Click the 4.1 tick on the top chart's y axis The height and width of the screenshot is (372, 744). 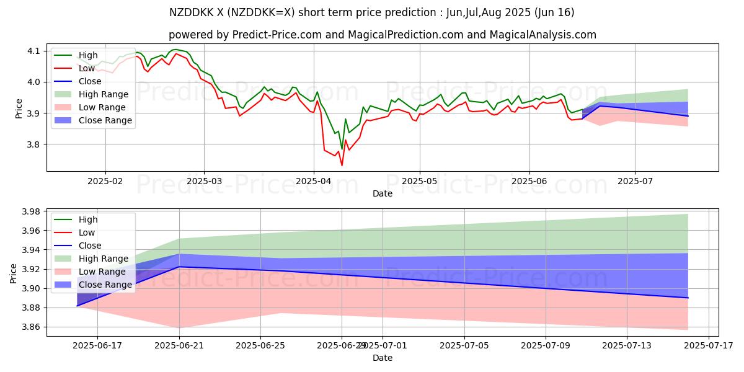(33, 50)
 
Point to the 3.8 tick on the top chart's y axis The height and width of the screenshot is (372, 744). (33, 144)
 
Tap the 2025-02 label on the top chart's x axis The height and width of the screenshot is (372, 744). (105, 182)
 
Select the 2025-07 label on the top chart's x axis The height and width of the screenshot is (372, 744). (635, 182)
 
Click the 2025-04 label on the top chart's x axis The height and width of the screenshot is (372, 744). (313, 182)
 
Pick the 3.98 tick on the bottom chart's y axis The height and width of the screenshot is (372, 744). (30, 211)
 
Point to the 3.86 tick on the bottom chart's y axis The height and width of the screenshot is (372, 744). (30, 327)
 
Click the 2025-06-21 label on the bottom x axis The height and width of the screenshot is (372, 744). (179, 346)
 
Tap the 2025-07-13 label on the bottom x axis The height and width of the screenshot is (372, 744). (627, 346)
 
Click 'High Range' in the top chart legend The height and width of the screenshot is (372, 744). (104, 94)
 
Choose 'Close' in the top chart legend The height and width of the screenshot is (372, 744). (91, 81)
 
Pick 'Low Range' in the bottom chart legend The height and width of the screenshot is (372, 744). (102, 272)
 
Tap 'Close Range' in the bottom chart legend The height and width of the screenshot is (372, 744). (105, 285)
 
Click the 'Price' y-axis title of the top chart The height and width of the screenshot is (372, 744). (19, 108)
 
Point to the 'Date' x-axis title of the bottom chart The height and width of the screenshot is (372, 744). (383, 358)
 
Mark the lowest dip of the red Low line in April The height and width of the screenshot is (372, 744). (342, 165)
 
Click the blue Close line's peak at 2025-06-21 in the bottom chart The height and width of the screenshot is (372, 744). (179, 267)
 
